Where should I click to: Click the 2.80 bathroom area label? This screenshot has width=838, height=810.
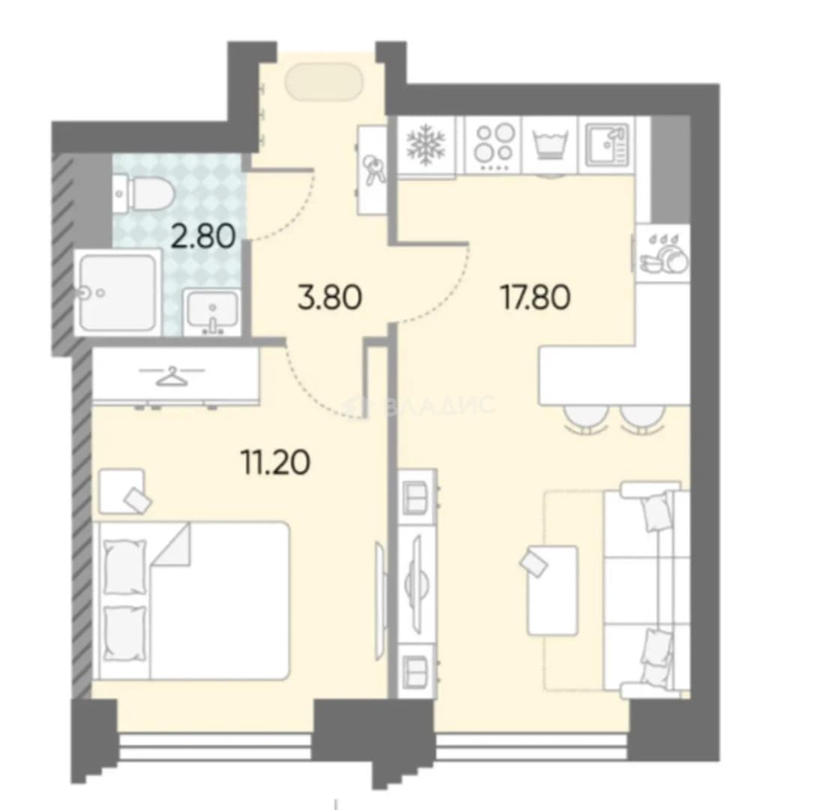click(203, 236)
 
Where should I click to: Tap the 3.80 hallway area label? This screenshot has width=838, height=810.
click(331, 297)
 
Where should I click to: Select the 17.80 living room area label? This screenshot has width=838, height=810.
click(535, 297)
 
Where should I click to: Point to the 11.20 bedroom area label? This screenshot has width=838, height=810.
click(276, 463)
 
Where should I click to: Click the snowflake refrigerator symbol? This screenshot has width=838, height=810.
click(426, 144)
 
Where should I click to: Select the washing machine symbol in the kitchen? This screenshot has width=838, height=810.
click(549, 144)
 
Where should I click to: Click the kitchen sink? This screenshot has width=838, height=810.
click(607, 145)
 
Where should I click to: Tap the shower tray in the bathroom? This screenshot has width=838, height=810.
click(118, 292)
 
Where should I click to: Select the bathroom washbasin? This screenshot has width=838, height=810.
click(212, 313)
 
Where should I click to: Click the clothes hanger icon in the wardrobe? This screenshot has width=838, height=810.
click(172, 375)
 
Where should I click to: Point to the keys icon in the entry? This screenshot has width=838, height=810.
click(372, 169)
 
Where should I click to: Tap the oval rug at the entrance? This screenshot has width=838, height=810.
click(325, 82)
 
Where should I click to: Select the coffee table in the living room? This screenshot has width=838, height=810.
click(552, 590)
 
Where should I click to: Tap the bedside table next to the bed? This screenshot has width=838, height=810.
click(122, 491)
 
